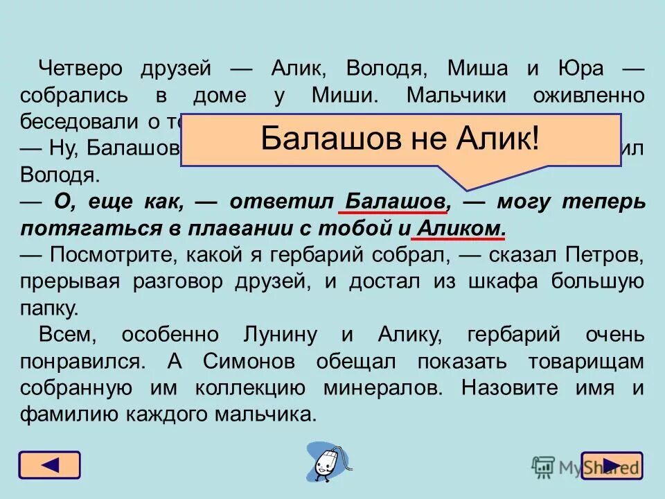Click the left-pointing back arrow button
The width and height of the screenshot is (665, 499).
click(x=49, y=464)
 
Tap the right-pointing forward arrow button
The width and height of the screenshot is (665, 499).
click(x=612, y=465)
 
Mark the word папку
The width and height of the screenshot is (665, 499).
click(x=49, y=308)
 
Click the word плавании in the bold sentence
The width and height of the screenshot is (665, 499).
click(x=258, y=228)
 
